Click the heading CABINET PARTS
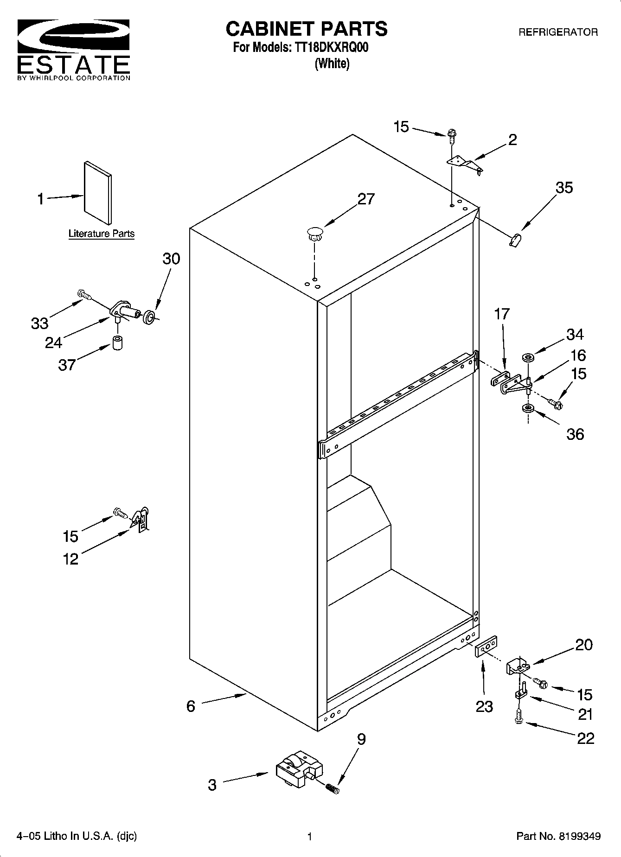(x=306, y=29)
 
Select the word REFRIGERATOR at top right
(x=557, y=32)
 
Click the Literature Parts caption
(x=101, y=234)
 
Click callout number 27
(x=365, y=199)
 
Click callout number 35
(x=564, y=188)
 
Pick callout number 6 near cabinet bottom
(x=191, y=706)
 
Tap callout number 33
(x=39, y=323)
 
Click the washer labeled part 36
(x=527, y=409)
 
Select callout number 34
(x=575, y=334)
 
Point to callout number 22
(x=585, y=738)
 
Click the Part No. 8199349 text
(x=558, y=837)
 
